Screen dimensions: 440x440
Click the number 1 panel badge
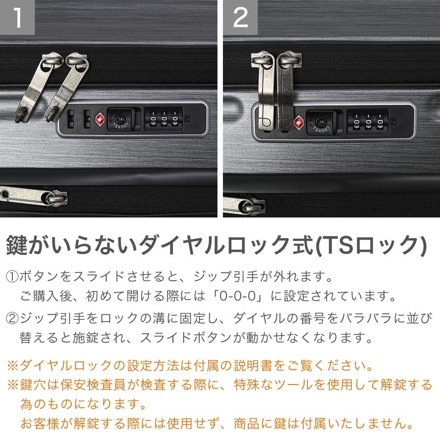point(17,17)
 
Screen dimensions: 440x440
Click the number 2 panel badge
point(240,17)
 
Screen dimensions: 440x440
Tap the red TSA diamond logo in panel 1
point(100,119)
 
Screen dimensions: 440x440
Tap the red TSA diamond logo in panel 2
point(299,122)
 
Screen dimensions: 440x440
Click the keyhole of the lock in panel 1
point(118,119)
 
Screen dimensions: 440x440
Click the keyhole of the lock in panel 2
point(320,122)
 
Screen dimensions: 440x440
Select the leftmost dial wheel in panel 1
point(153,119)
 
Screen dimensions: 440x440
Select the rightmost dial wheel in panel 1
point(175,119)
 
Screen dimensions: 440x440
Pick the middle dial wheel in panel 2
point(368,121)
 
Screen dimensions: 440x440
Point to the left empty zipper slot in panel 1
point(71,119)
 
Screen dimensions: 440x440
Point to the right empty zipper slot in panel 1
point(87,119)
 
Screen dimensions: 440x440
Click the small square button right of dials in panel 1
point(188,118)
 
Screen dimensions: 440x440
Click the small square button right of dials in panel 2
point(394,122)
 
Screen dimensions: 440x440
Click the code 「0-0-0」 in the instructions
point(238,296)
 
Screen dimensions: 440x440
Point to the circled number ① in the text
point(12,277)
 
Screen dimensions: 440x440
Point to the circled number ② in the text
point(12,318)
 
